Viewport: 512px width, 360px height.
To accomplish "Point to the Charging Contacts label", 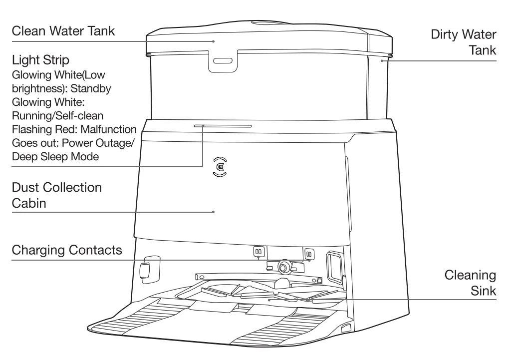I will point(66,249).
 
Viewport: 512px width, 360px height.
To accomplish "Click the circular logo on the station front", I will point(218,166).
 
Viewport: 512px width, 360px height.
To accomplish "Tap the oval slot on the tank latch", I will point(223,61).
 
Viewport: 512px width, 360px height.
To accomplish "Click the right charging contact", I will point(308,253).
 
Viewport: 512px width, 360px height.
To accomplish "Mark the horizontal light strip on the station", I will point(223,126).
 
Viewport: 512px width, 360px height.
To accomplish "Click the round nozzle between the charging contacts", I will point(285,267).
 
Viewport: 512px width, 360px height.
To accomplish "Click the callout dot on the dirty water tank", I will point(382,61).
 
